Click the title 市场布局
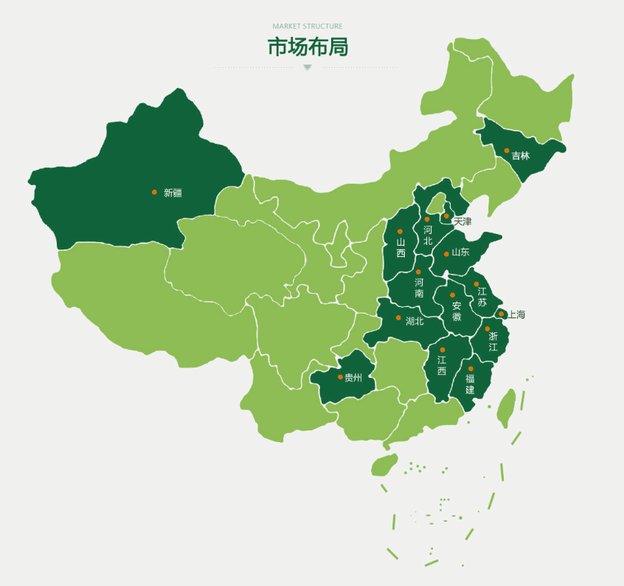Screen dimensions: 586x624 coord(307,46)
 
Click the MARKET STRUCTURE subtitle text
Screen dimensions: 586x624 coord(307,27)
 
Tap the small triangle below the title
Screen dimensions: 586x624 coord(308,67)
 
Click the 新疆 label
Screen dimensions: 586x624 coord(173,193)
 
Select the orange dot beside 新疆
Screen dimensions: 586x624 coord(154,192)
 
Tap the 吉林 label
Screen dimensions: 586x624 coord(521,156)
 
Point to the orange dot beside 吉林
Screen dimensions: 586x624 coord(507,151)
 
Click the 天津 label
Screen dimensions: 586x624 coord(462,221)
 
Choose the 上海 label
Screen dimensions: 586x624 coord(516,314)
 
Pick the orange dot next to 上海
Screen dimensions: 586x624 coord(502,314)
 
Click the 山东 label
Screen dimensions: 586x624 coord(460,252)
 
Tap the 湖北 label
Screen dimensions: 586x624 coord(415,321)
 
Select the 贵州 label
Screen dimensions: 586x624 coord(353,377)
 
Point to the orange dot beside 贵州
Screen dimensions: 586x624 coord(340,376)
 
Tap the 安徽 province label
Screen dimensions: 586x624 coord(457,311)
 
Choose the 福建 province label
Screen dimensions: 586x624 coord(470,384)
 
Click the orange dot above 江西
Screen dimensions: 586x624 coord(443,350)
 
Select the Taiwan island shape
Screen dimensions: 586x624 coord(506,408)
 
